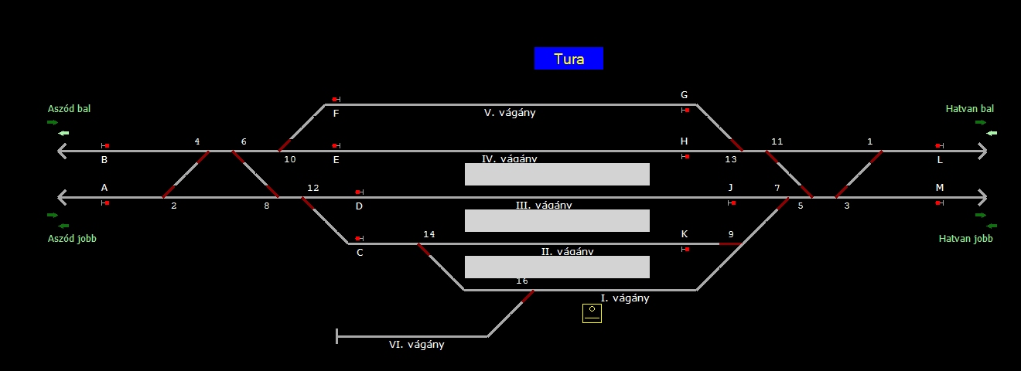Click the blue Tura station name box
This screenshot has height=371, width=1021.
(x=569, y=59)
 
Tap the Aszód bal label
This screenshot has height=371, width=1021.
(x=69, y=109)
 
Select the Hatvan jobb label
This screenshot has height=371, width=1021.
(x=965, y=239)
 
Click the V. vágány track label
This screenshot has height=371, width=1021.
(x=509, y=113)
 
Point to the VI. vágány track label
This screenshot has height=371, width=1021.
(x=416, y=345)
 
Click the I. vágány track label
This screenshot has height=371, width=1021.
(x=625, y=298)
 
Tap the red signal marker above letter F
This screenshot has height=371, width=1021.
(x=335, y=100)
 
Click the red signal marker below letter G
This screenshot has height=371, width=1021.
(x=686, y=111)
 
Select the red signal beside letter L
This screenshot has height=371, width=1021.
(x=938, y=146)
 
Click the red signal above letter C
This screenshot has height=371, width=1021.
(x=358, y=239)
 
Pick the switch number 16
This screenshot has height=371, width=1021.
(x=522, y=281)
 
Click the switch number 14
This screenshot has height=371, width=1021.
(x=429, y=234)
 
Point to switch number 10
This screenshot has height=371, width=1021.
(x=290, y=159)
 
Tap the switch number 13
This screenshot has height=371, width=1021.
(x=731, y=159)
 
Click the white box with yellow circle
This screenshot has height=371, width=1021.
(x=592, y=313)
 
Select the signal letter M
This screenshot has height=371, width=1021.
(x=940, y=188)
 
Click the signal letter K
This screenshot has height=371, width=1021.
(x=684, y=234)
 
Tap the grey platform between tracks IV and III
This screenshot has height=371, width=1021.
(x=557, y=174)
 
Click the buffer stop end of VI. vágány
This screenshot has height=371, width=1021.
(x=337, y=336)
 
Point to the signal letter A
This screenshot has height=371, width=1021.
(x=104, y=188)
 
